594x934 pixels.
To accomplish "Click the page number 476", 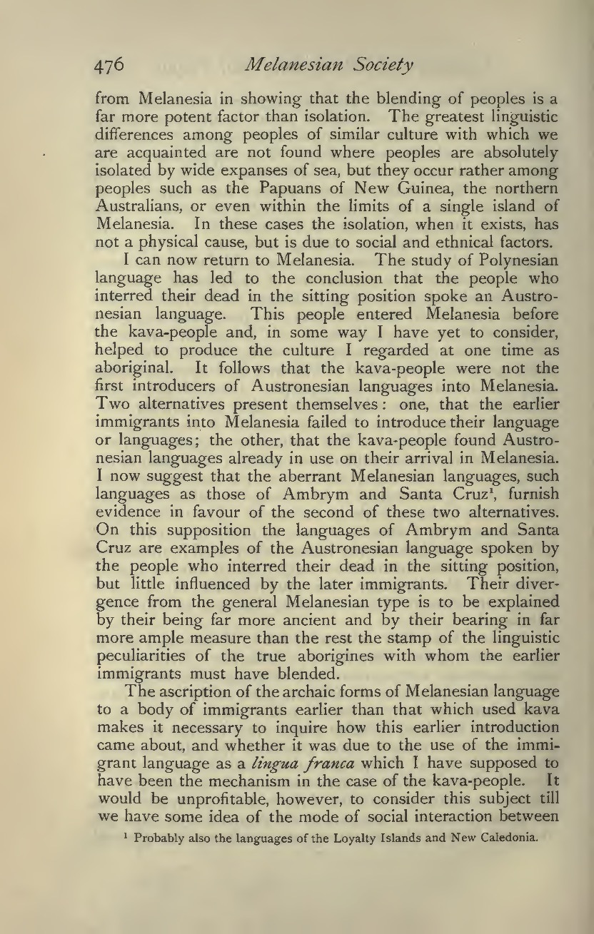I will point(111,66).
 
